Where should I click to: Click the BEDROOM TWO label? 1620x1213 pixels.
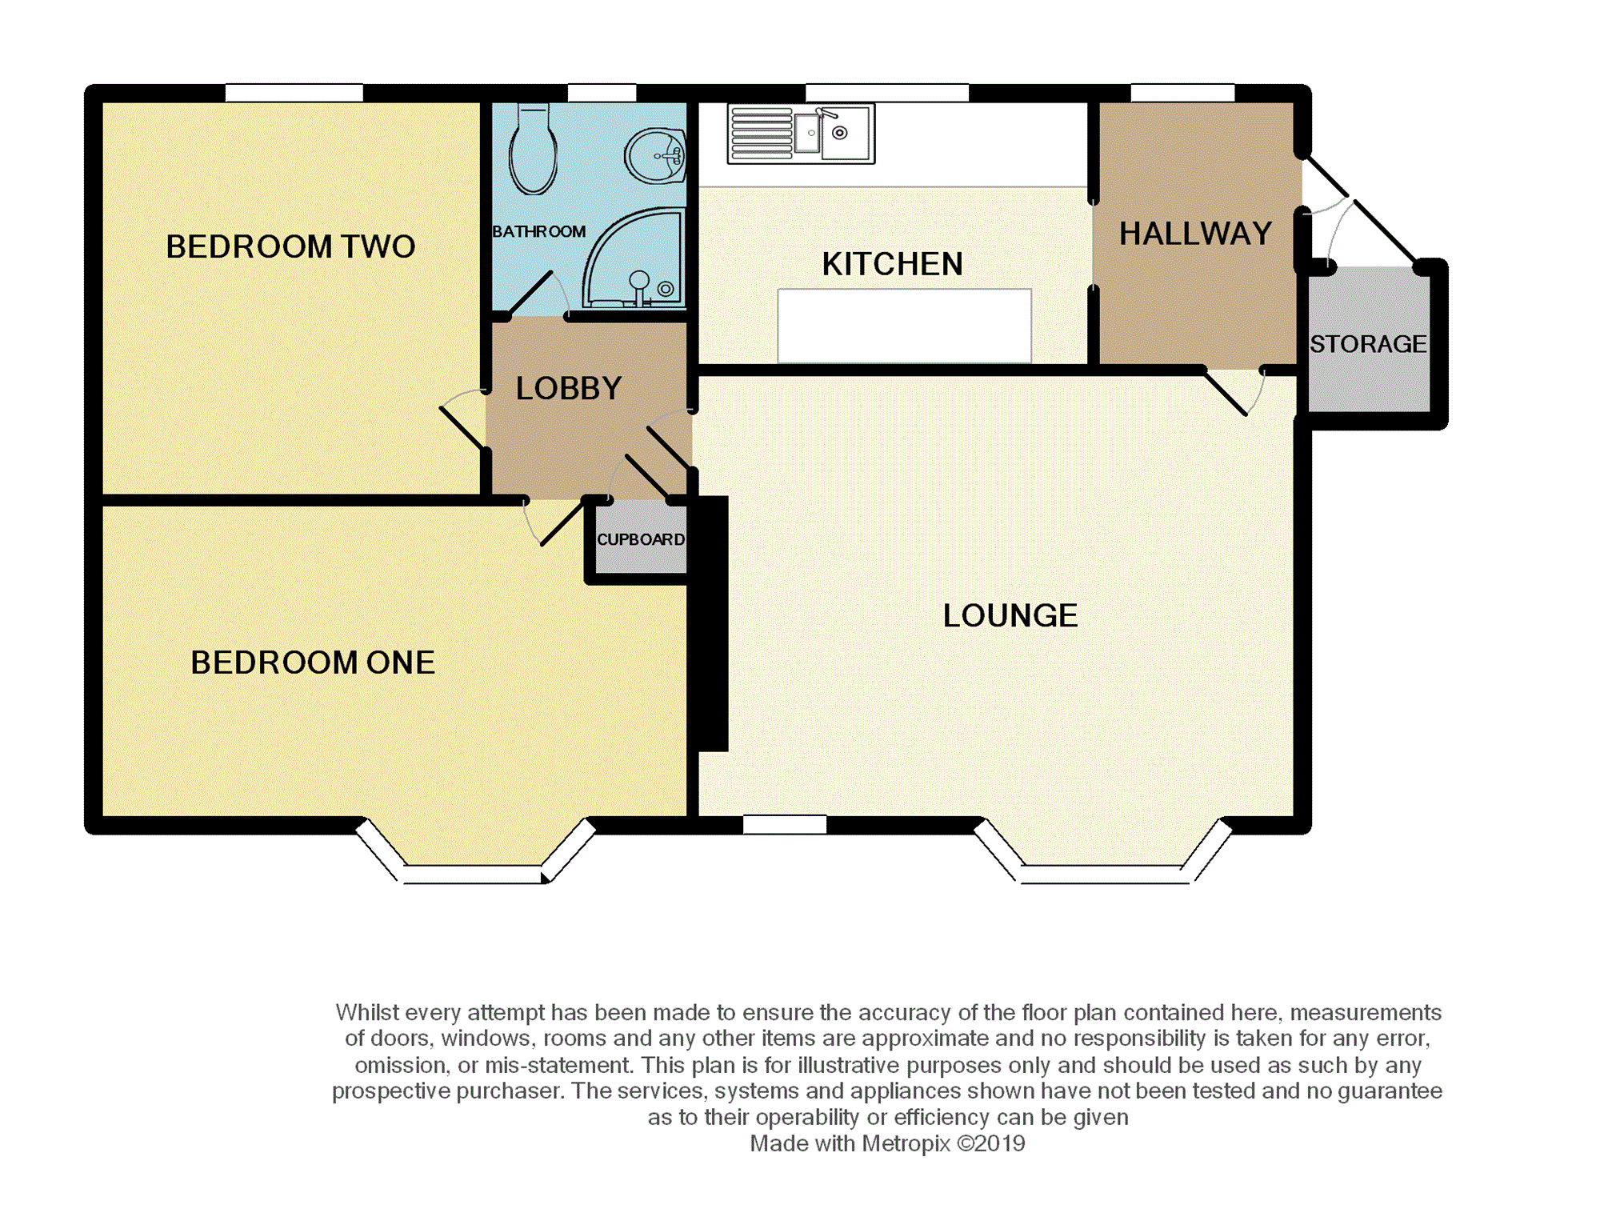[290, 246]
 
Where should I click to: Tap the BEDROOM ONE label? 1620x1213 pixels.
[313, 663]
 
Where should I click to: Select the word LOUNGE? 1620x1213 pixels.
[1010, 615]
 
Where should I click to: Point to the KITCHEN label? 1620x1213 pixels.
[892, 264]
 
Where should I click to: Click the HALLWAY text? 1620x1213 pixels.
[1195, 234]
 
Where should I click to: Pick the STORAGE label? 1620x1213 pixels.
[1368, 344]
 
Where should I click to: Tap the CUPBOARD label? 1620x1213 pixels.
[641, 539]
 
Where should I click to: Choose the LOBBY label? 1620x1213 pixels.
[569, 389]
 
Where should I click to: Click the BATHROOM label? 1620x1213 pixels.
[538, 231]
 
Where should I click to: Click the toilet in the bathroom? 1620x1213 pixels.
[533, 149]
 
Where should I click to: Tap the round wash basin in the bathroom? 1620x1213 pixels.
[655, 155]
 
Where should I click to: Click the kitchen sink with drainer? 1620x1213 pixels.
[801, 134]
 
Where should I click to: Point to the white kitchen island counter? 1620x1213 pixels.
[904, 326]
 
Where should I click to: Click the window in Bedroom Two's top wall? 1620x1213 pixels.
[294, 93]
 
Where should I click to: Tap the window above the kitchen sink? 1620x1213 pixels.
[887, 93]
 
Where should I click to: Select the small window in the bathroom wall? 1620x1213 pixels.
[602, 93]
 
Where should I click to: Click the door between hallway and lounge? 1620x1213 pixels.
[1235, 392]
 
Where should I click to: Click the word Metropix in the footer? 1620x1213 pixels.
[906, 1144]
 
